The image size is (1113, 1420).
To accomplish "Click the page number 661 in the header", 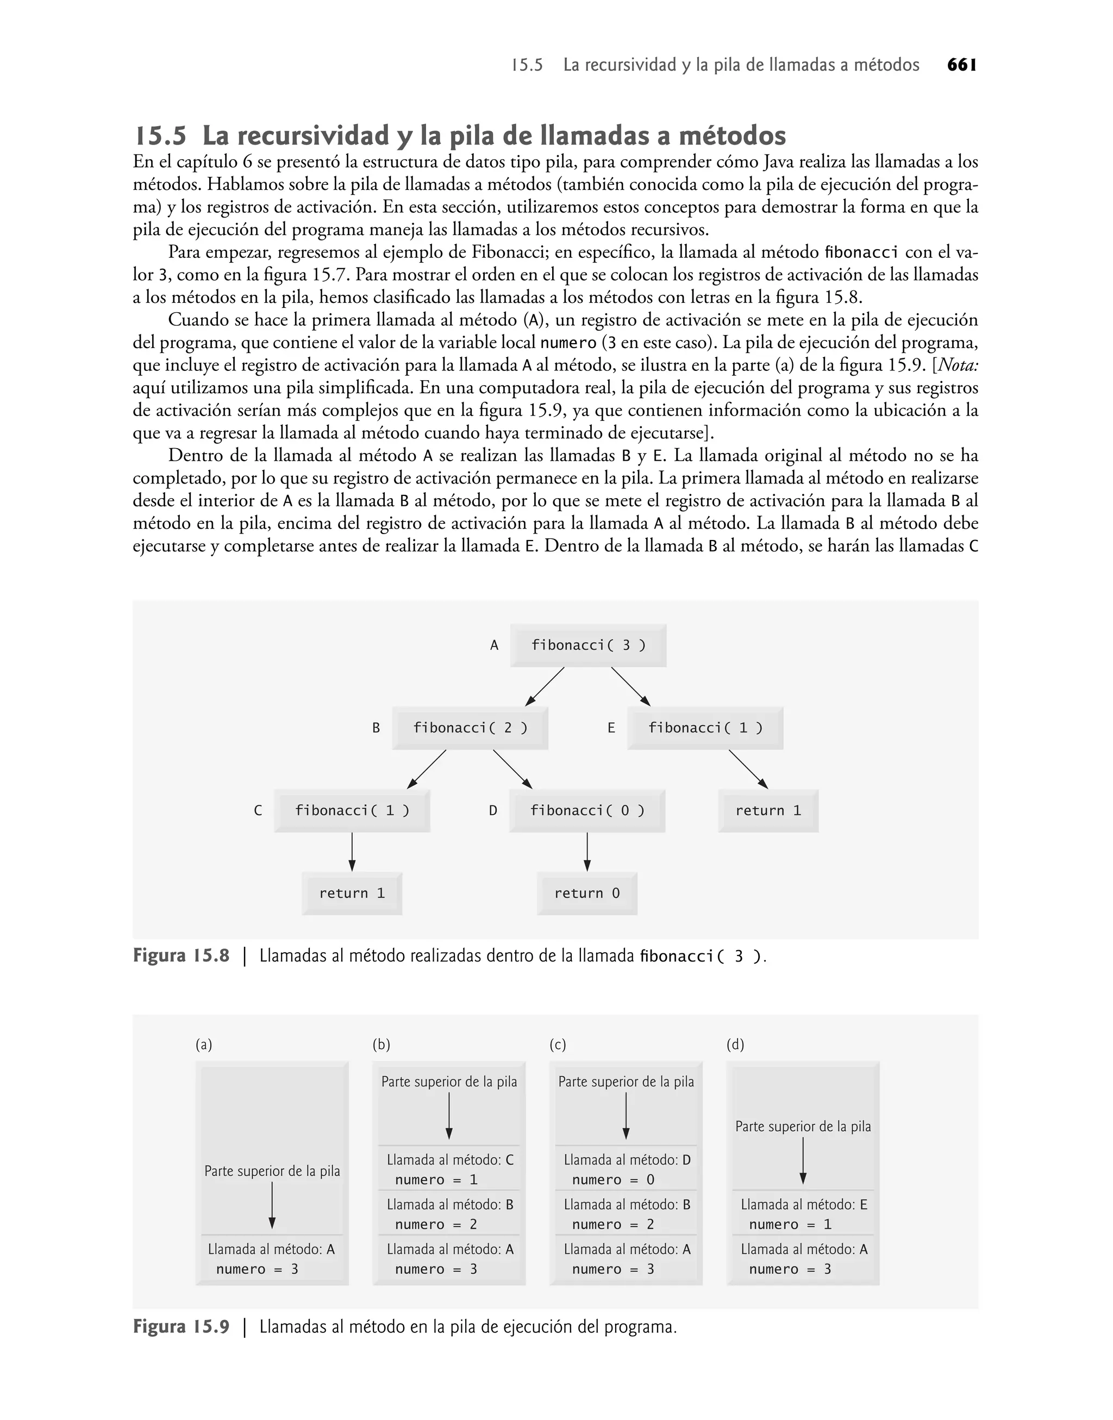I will tap(962, 65).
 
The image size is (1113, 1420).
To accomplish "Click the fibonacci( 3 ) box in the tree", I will tap(588, 646).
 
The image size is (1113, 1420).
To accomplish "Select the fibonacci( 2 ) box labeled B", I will tap(470, 728).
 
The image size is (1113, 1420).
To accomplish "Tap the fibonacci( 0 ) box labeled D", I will tap(587, 810).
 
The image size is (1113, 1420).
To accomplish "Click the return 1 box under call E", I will tap(768, 810).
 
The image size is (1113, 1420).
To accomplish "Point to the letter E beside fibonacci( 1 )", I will tap(611, 728).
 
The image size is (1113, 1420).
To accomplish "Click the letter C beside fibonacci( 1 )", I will tap(258, 810).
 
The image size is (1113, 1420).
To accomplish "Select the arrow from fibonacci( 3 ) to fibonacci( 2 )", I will tap(545, 686).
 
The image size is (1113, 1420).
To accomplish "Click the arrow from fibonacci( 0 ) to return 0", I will tap(587, 852).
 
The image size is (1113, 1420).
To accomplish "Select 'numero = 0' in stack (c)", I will tap(613, 1180).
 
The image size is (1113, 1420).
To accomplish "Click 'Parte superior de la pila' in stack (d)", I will tap(803, 1127).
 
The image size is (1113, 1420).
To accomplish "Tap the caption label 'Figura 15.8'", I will tap(181, 956).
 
